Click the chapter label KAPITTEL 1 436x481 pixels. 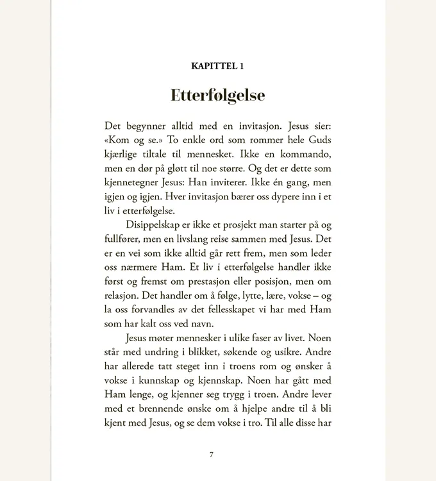click(217, 66)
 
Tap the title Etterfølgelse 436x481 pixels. click(217, 96)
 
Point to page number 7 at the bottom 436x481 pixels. click(212, 455)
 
